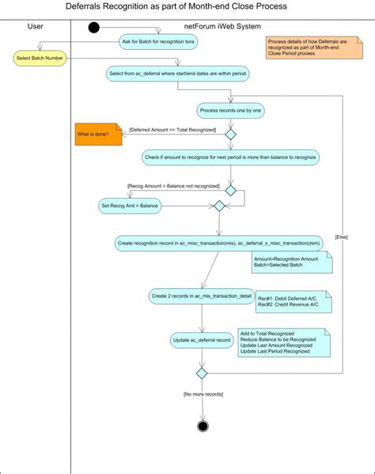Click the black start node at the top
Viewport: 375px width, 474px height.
point(94,28)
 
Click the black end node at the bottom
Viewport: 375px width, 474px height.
point(203,426)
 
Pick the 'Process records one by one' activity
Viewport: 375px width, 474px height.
point(231,111)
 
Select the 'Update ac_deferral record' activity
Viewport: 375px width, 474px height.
point(202,341)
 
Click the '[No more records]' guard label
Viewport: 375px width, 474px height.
point(202,393)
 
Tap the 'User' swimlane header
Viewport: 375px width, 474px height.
point(36,26)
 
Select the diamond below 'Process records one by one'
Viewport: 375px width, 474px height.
point(231,135)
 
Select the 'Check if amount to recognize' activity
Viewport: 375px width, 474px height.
point(231,157)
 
